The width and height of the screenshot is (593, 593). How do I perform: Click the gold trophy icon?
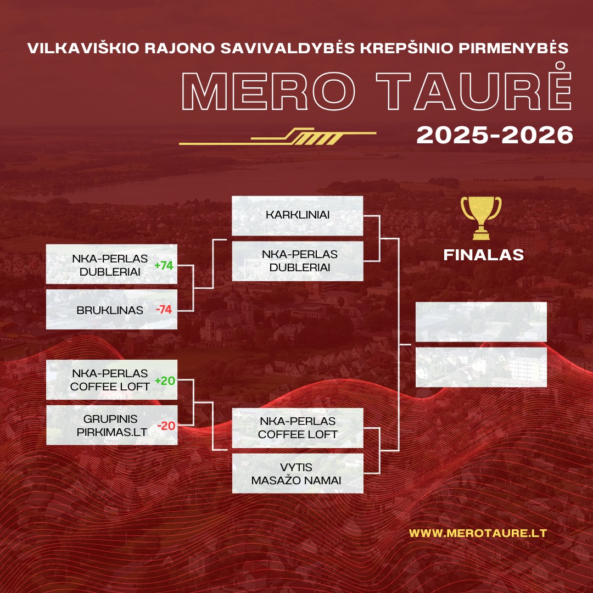(481, 218)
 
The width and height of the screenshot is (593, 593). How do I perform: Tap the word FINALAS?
(483, 255)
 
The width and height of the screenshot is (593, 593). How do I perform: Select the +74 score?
(164, 266)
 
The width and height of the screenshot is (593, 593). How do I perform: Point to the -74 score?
(164, 310)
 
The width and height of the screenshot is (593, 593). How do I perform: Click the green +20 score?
(165, 381)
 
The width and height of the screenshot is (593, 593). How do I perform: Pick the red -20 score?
(166, 426)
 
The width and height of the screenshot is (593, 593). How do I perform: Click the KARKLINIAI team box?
(297, 216)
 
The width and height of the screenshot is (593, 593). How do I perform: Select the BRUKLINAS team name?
(110, 310)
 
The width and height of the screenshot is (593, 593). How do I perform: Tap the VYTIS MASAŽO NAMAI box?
(297, 473)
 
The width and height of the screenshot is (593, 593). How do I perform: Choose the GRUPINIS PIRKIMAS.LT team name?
(111, 426)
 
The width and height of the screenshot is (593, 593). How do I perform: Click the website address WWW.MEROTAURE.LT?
(478, 533)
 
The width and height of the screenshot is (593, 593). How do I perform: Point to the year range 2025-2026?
(495, 135)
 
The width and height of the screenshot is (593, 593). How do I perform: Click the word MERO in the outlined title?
(268, 91)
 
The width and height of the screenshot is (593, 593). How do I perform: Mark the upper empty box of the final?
(481, 322)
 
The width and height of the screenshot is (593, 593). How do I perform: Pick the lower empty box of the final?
(481, 367)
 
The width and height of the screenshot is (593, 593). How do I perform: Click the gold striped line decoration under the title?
(278, 137)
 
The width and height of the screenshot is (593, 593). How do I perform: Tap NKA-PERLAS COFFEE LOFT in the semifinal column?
(297, 428)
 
